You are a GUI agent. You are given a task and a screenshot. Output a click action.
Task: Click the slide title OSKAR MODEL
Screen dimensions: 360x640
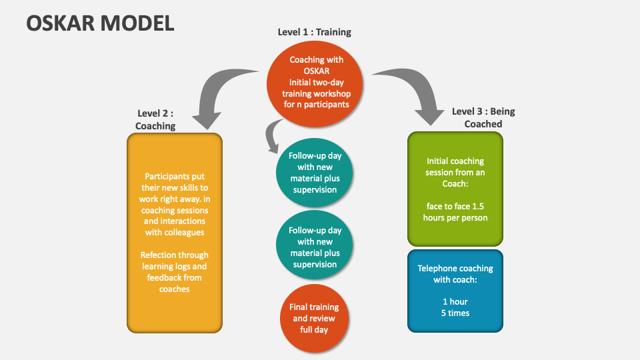click(x=100, y=23)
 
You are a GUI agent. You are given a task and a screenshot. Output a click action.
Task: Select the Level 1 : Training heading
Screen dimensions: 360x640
click(x=314, y=32)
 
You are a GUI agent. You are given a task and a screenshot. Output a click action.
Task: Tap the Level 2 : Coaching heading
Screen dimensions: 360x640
click(x=155, y=119)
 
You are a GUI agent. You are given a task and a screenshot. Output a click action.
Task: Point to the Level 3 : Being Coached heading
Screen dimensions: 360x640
click(x=483, y=117)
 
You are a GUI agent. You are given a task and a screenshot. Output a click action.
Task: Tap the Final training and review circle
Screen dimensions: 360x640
click(x=314, y=318)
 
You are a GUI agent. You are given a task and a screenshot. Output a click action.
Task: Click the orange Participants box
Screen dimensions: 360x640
click(x=174, y=233)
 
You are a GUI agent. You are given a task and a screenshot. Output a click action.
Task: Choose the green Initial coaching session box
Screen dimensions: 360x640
click(x=455, y=189)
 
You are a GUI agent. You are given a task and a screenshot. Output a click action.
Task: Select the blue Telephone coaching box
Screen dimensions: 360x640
click(x=455, y=291)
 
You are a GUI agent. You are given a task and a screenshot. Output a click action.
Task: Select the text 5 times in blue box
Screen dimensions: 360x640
click(x=455, y=313)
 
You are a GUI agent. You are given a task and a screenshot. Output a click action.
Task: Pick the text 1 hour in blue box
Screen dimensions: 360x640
click(x=455, y=302)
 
